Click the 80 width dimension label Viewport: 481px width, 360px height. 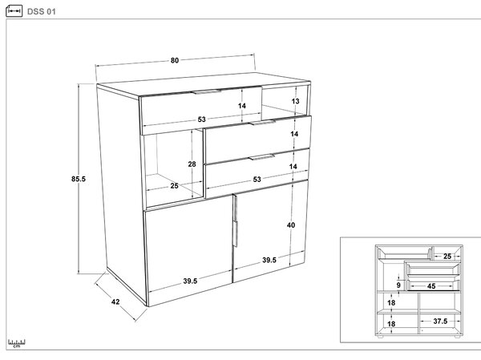[175, 60]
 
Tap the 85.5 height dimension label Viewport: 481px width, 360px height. [79, 179]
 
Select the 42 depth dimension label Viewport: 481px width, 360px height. [115, 301]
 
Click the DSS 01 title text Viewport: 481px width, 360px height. [42, 12]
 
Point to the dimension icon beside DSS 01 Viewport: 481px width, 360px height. [14, 11]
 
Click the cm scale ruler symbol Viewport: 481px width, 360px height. [17, 343]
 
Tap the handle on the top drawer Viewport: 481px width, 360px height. [207, 91]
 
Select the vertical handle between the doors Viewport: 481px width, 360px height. [235, 220]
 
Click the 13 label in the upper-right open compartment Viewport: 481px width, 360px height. [295, 101]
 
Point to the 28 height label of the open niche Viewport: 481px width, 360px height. [192, 164]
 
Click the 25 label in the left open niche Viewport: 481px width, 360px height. [174, 186]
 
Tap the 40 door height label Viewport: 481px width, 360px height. [291, 225]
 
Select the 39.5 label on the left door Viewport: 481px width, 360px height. [190, 281]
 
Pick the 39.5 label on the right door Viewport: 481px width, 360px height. [269, 260]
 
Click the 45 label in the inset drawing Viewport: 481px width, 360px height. [431, 286]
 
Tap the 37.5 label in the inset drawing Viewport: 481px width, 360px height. [440, 321]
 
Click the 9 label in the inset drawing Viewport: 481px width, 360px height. [398, 285]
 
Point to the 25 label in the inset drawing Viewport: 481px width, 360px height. [447, 257]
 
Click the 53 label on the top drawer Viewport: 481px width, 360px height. [201, 119]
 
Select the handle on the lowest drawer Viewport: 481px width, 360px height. [261, 157]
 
